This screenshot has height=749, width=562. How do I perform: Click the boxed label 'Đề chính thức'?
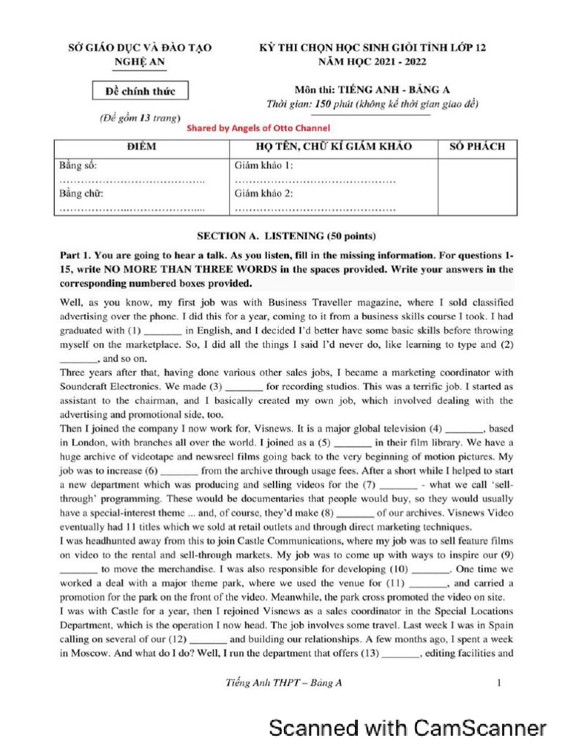pyautogui.click(x=140, y=91)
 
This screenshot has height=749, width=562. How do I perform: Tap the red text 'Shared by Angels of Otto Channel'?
pyautogui.click(x=259, y=127)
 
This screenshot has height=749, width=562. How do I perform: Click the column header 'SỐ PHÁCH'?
pyautogui.click(x=476, y=147)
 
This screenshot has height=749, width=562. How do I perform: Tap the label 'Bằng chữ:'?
pyautogui.click(x=80, y=194)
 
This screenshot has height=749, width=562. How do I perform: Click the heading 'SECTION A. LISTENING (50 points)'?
pyautogui.click(x=286, y=236)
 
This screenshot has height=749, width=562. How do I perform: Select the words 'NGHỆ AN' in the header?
pyautogui.click(x=140, y=62)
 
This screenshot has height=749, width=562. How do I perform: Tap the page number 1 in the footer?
pyautogui.click(x=498, y=684)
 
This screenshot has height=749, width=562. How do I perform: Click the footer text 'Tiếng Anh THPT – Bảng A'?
pyautogui.click(x=284, y=684)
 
